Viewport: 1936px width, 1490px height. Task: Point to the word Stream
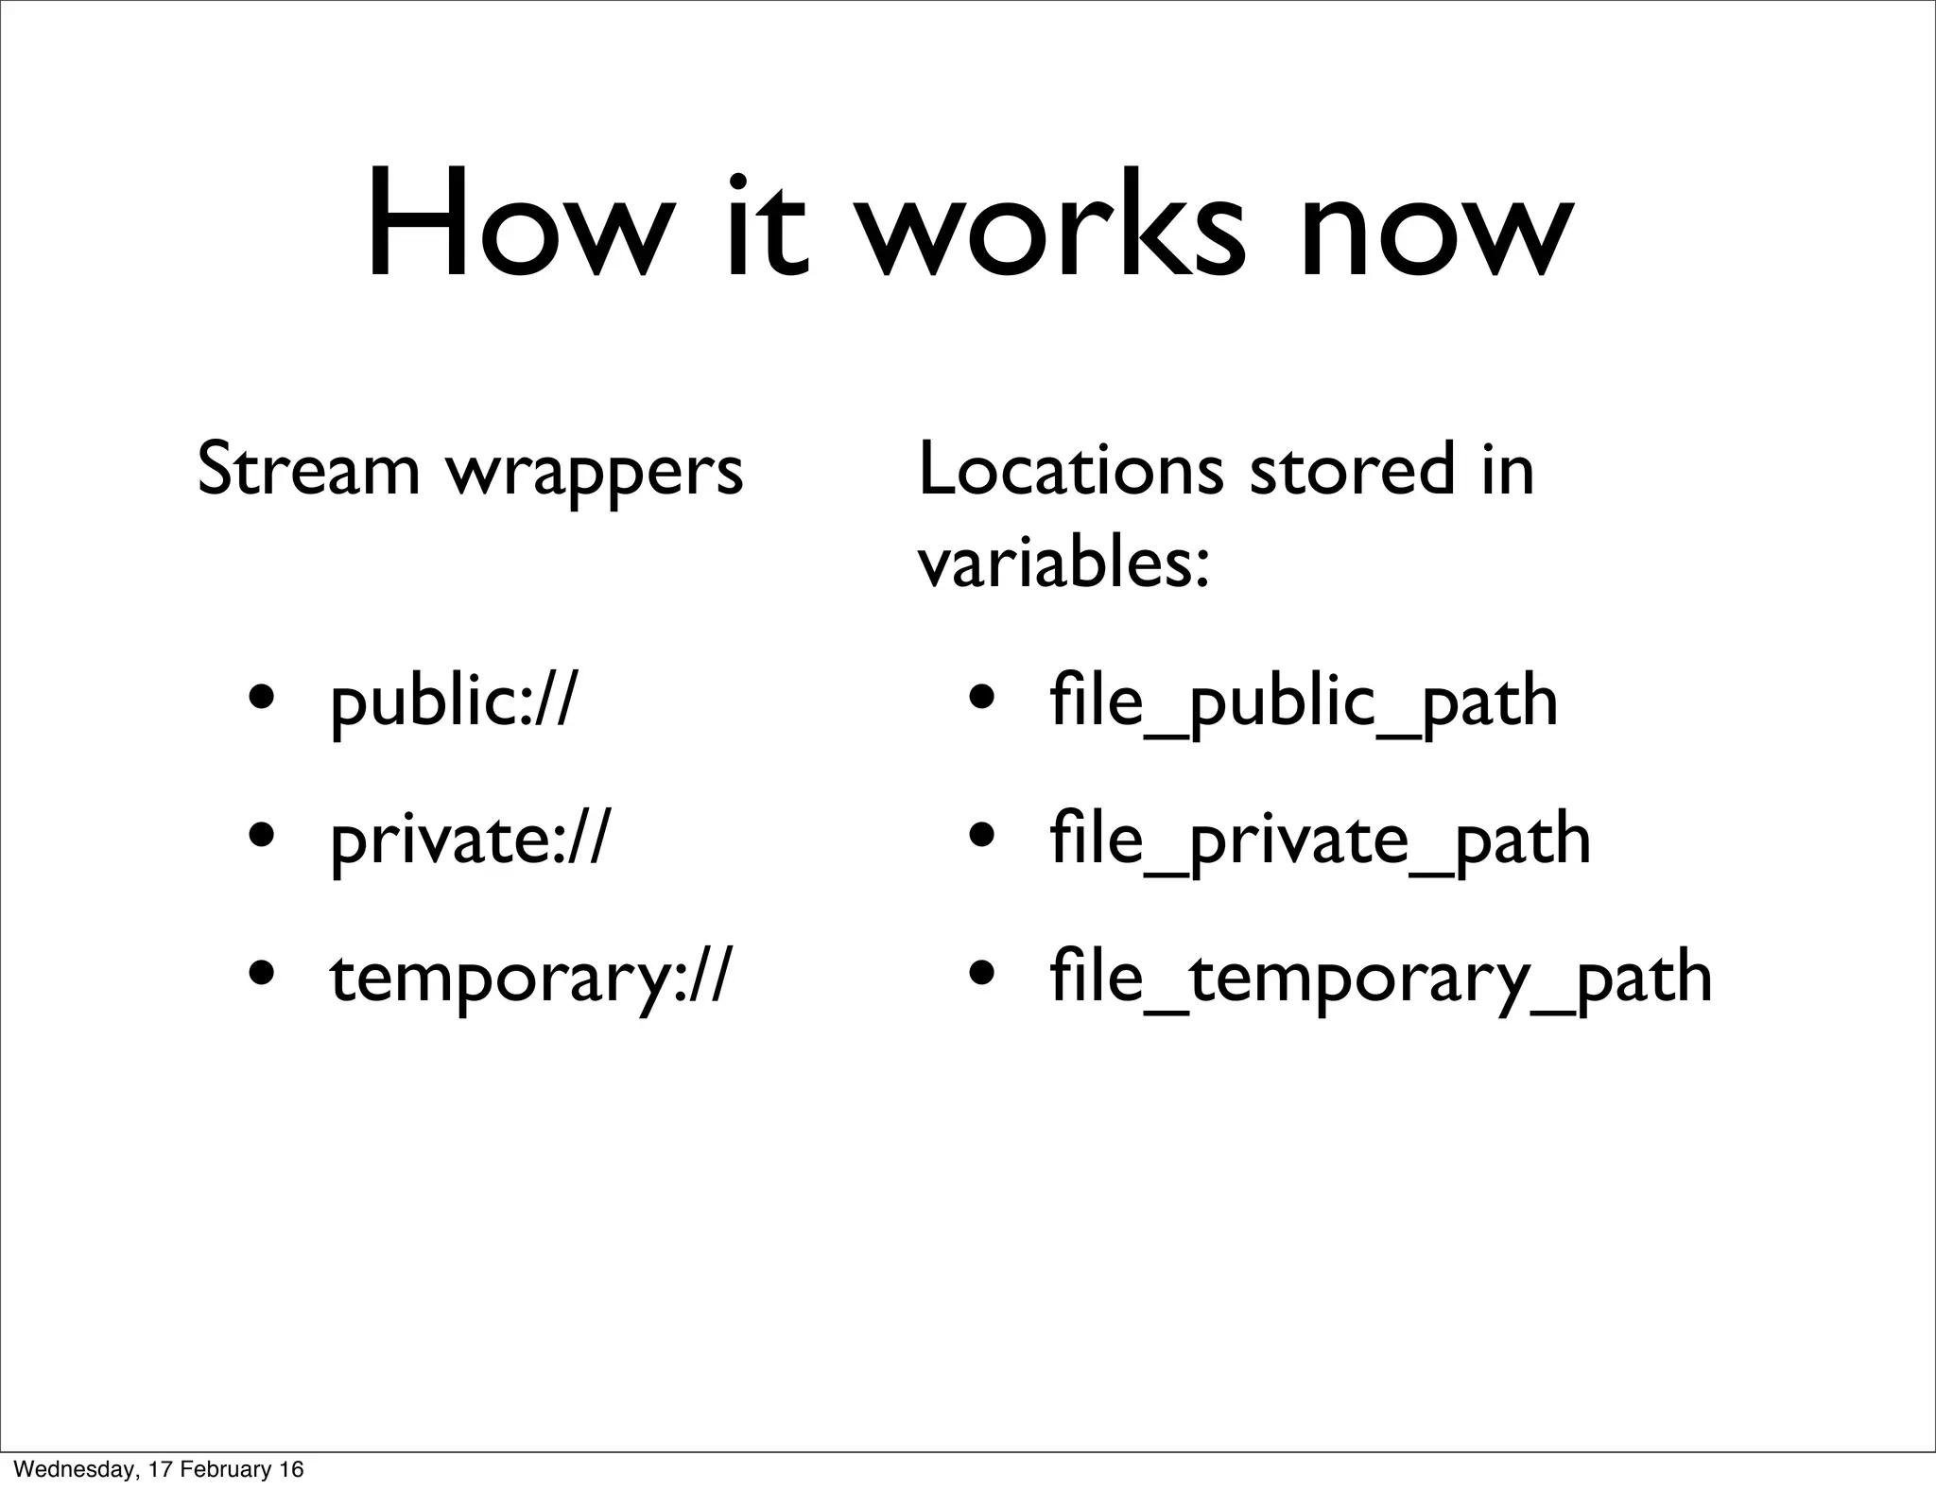point(308,470)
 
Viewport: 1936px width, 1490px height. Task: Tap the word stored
point(1352,470)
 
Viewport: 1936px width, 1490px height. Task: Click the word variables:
point(1063,565)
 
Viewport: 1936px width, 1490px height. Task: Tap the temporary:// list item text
point(529,979)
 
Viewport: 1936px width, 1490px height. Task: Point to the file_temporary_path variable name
point(1381,979)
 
